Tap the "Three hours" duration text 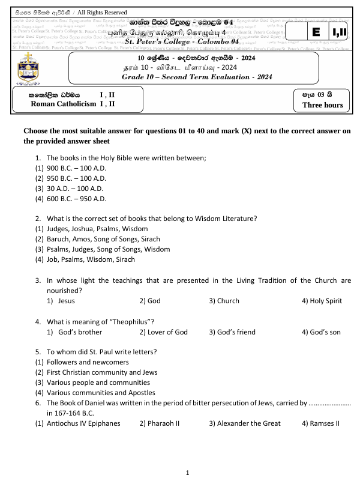pyautogui.click(x=323, y=105)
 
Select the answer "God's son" pyautogui.click(x=322, y=332)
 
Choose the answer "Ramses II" pyautogui.click(x=325, y=423)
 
